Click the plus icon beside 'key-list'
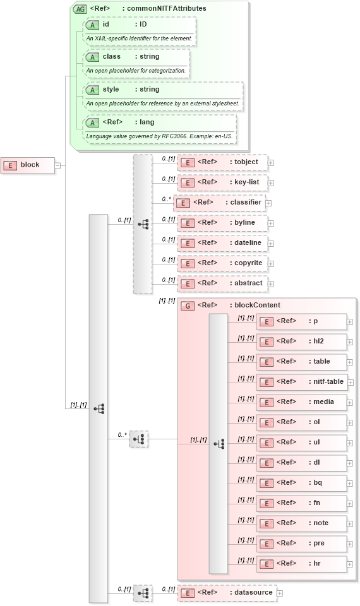271,182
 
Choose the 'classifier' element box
219,203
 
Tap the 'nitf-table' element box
302,382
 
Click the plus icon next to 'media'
350,402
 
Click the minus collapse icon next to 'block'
57,165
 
